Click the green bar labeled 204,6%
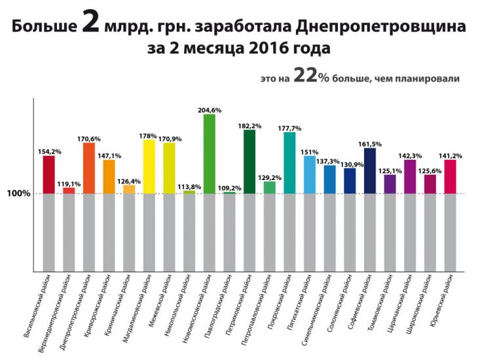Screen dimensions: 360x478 210,154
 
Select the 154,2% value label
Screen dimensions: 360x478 49,152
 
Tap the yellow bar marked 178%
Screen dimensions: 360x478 149,167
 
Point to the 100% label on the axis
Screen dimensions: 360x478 19,194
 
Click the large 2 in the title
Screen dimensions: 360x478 90,24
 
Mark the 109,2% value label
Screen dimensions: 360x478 229,188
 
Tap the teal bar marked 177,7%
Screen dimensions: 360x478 289,163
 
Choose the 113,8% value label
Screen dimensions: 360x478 189,186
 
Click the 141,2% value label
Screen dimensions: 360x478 450,156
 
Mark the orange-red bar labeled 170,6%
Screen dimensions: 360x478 89,168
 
